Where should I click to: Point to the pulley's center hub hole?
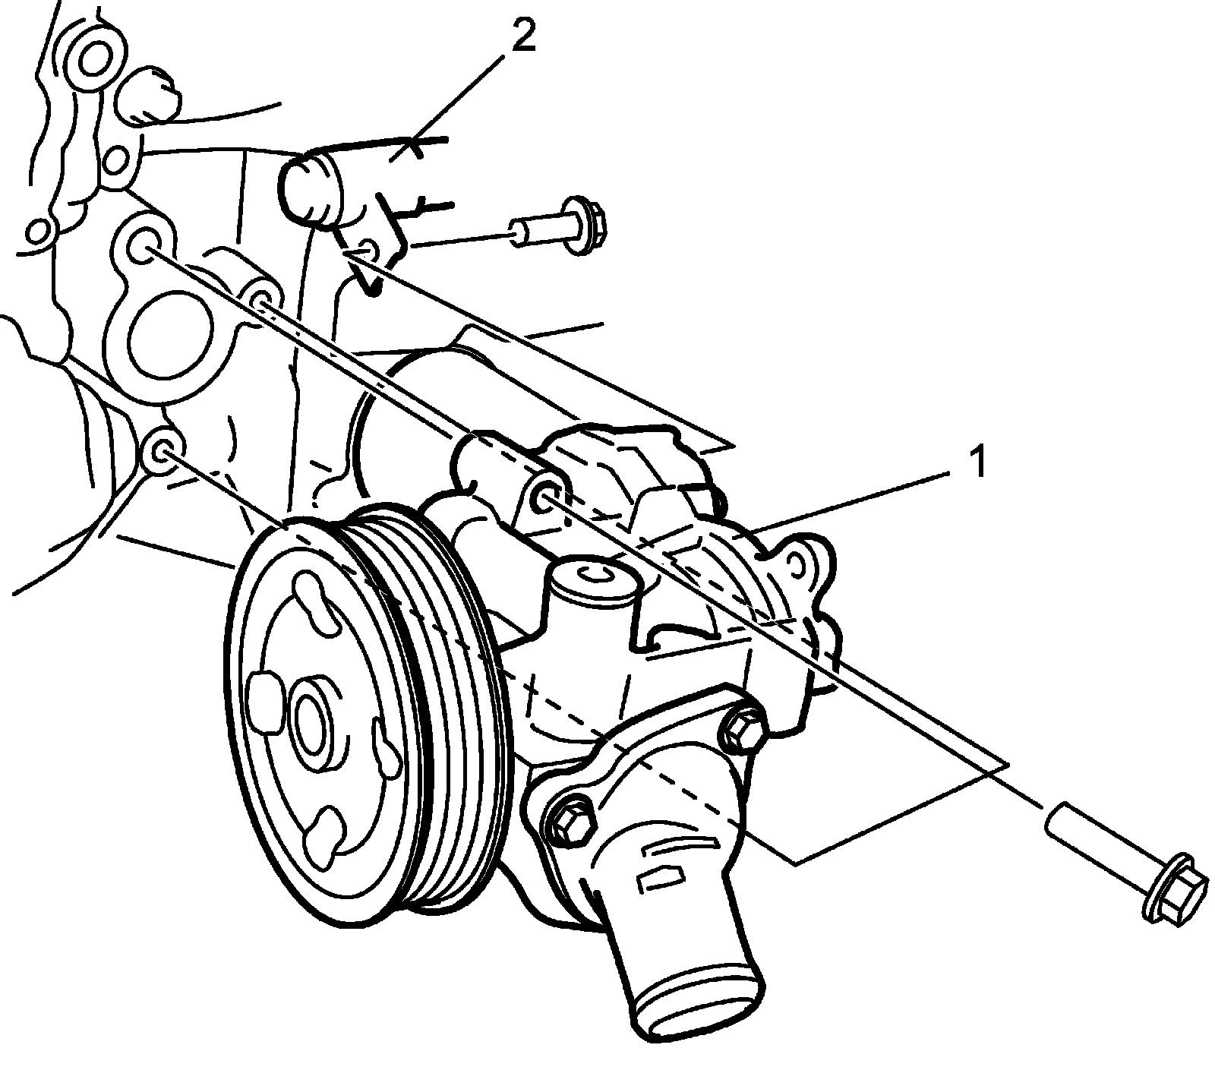pos(310,717)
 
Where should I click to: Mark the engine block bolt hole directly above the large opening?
pos(142,246)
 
